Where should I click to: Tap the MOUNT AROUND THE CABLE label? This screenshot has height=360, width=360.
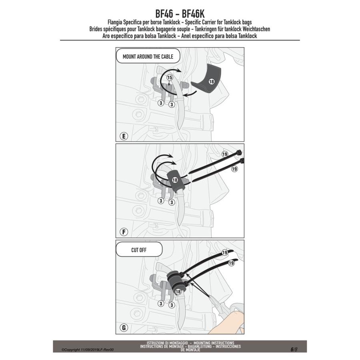click(x=142, y=57)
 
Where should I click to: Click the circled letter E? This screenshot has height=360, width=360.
click(x=124, y=136)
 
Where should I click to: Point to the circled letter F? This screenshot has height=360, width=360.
click(x=124, y=232)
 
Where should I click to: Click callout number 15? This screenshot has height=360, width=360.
click(x=169, y=77)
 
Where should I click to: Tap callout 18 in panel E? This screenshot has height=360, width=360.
click(x=211, y=81)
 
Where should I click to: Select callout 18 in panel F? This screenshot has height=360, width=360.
click(x=175, y=180)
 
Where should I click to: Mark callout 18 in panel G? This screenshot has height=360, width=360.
click(x=178, y=292)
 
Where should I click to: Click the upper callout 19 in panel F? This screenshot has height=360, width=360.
click(x=224, y=154)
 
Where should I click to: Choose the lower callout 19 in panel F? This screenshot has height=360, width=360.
click(x=234, y=169)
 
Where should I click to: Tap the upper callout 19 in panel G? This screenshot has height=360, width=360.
click(x=224, y=253)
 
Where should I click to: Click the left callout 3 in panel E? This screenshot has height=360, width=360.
click(x=160, y=103)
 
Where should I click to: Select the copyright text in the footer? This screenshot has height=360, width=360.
click(x=87, y=349)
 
